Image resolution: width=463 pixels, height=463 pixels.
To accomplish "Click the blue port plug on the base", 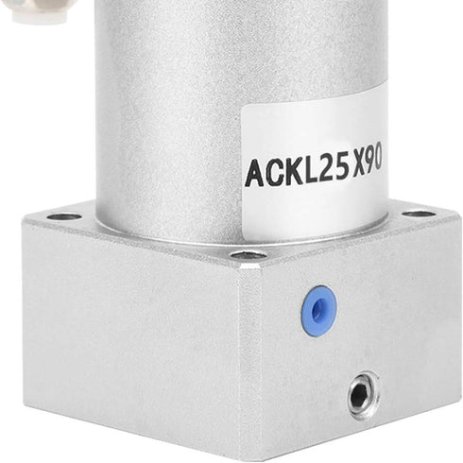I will click(x=318, y=311).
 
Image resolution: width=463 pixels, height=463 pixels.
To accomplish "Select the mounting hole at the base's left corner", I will click(x=65, y=216).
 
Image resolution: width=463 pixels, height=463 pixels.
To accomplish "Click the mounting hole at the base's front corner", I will click(x=248, y=255).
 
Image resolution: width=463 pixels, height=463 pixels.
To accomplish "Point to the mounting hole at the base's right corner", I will click(x=419, y=214).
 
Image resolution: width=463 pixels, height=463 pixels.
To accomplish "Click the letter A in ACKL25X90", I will click(x=256, y=172).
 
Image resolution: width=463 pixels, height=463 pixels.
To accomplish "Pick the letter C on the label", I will click(x=275, y=171).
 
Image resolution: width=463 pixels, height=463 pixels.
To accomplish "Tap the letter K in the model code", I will click(x=294, y=170).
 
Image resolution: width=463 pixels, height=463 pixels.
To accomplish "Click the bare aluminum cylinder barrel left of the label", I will click(x=161, y=113).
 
